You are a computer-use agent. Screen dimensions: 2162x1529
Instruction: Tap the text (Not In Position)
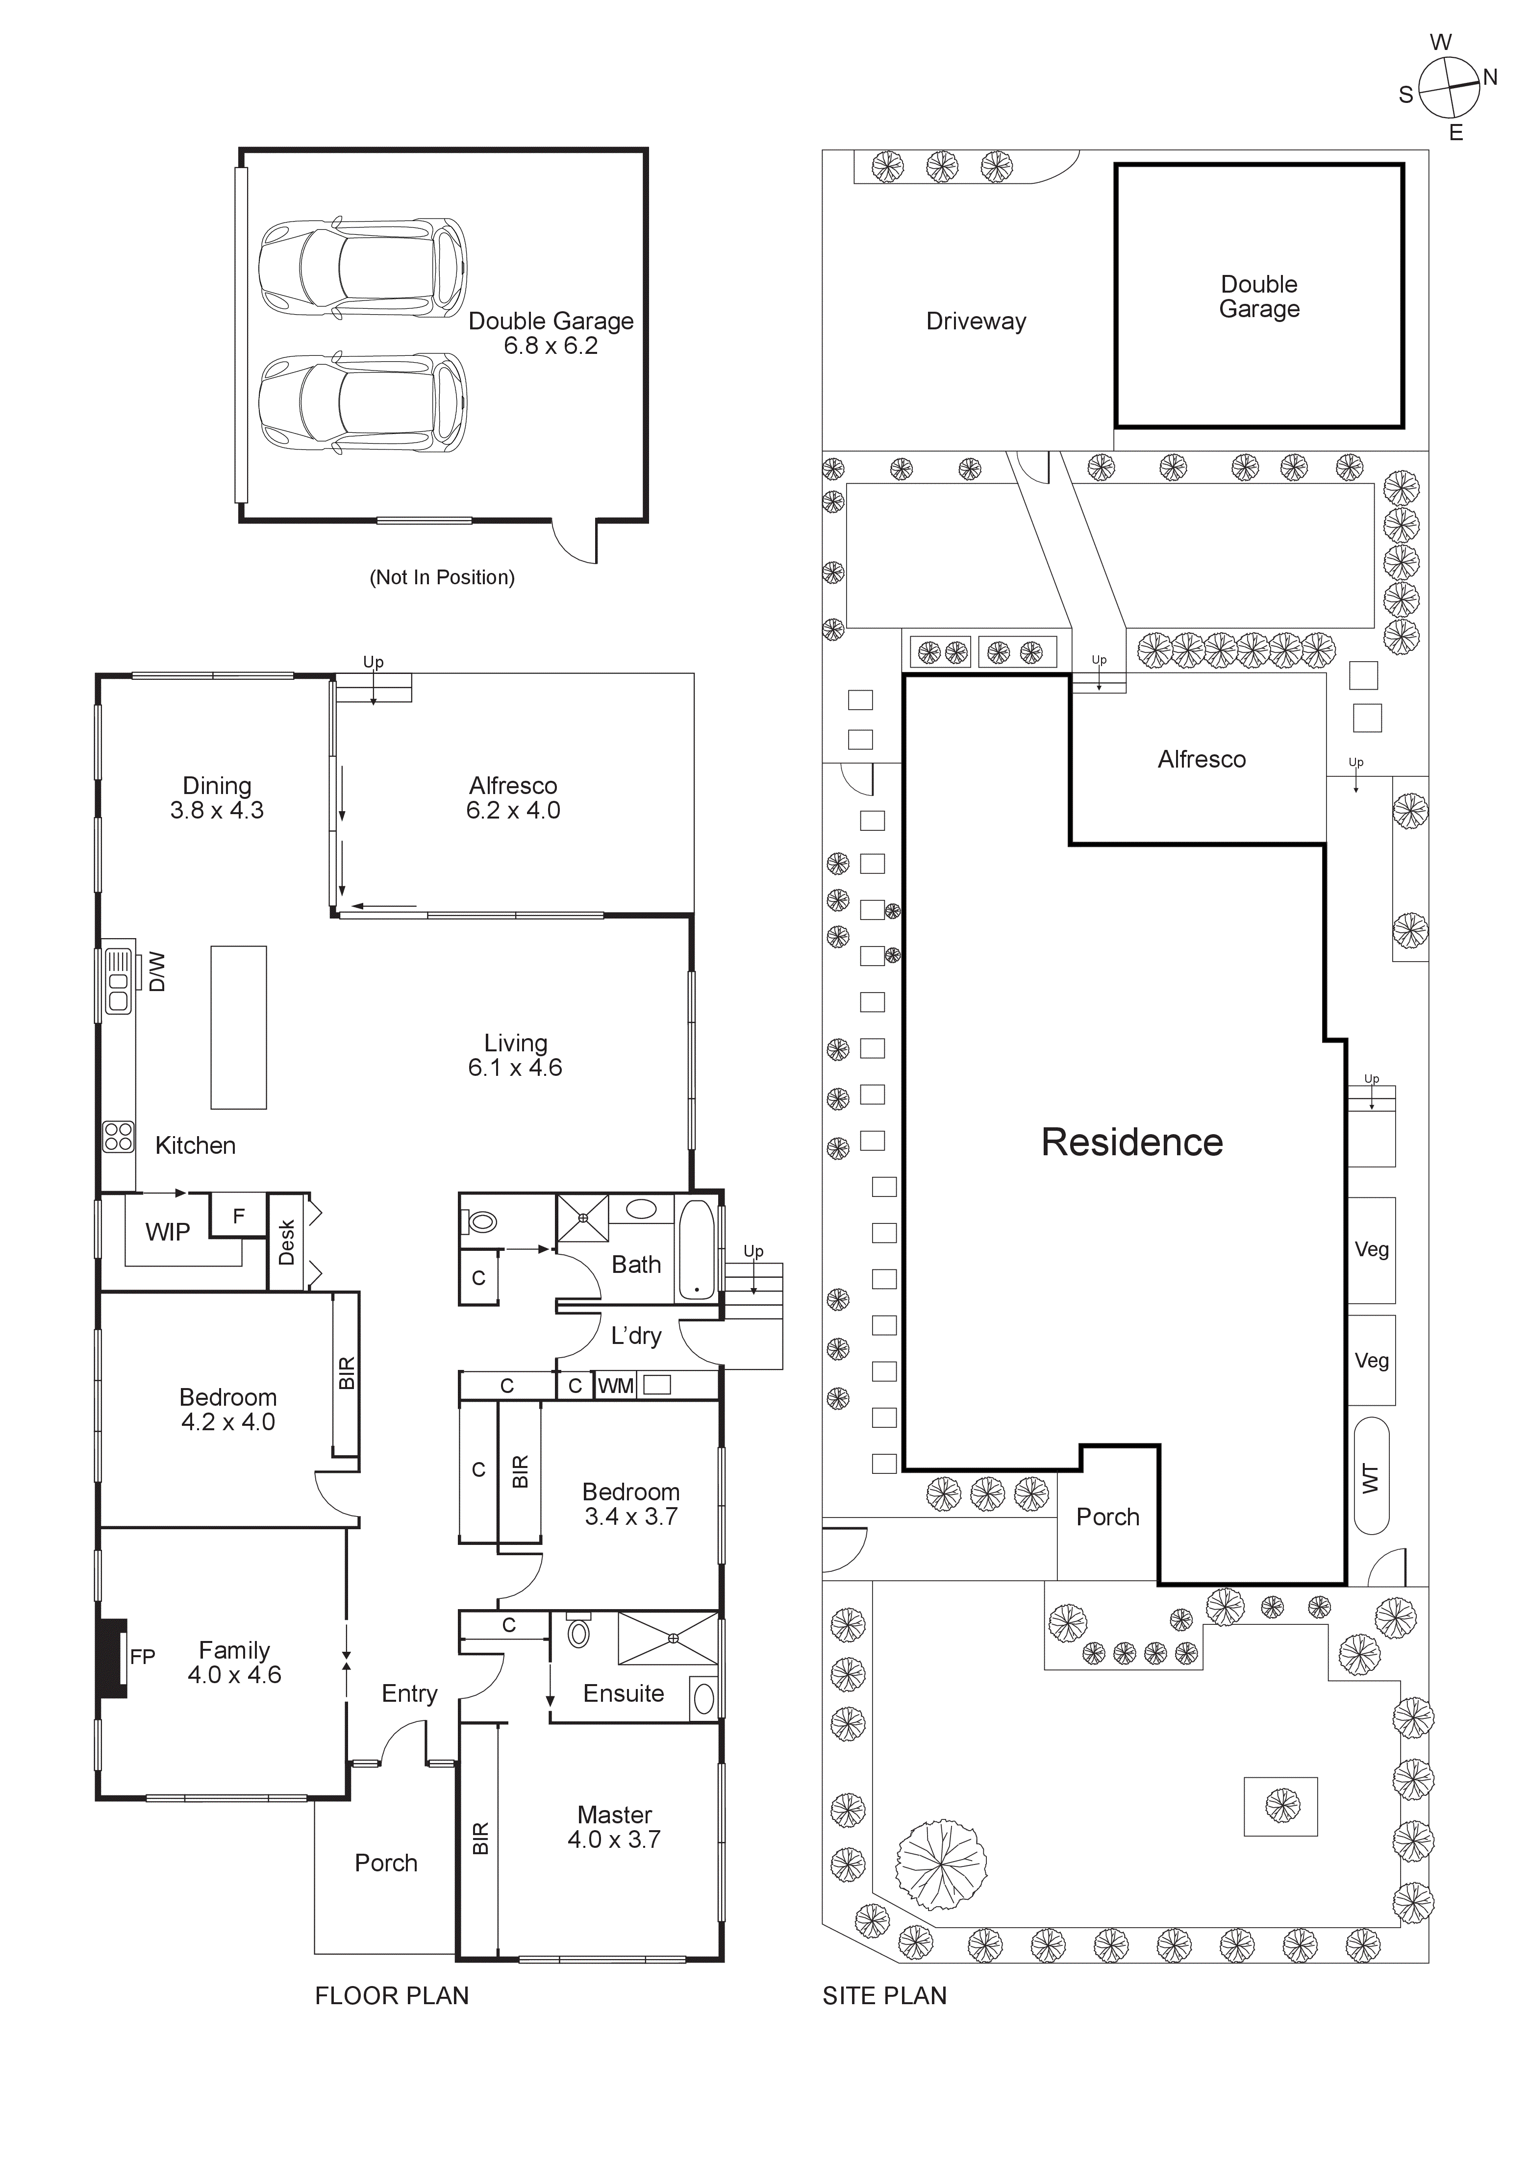(442, 577)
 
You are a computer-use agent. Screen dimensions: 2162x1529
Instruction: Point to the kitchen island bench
(238, 1026)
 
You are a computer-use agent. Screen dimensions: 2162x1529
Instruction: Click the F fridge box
(238, 1216)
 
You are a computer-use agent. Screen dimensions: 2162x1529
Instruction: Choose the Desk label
(286, 1242)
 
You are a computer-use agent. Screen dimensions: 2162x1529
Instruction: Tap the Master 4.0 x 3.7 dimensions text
(614, 1827)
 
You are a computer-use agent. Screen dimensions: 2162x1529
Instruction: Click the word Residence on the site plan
(1131, 1142)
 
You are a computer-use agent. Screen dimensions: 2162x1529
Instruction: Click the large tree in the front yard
(941, 1864)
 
